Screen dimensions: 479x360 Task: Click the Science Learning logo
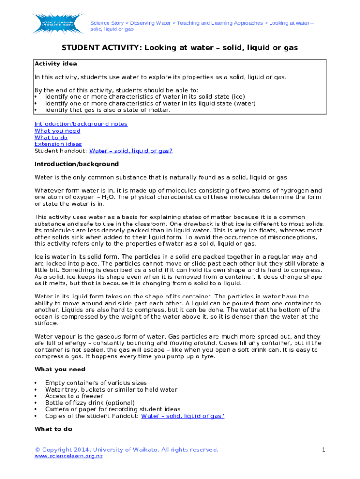(x=56, y=23)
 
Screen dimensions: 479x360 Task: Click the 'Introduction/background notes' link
(x=80, y=124)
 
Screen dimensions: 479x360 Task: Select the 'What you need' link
(x=57, y=131)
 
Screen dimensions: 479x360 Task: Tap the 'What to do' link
(x=50, y=138)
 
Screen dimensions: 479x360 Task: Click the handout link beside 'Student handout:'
(x=130, y=151)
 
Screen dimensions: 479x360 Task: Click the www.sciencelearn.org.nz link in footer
(x=68, y=456)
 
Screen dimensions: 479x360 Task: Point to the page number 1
(x=323, y=450)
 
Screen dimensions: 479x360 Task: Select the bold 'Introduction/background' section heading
(x=76, y=164)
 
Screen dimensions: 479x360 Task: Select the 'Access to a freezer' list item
(x=74, y=396)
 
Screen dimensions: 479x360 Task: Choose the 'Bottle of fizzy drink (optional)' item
(x=89, y=402)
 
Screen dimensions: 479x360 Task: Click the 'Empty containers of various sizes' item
(x=95, y=383)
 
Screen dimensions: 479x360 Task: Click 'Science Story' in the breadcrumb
(x=107, y=23)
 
